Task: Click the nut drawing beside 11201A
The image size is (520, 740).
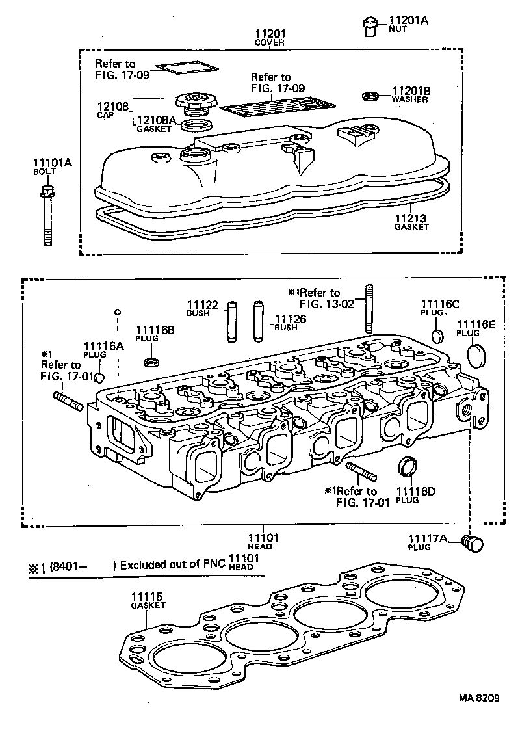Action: [369, 27]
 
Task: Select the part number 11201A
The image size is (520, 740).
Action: [409, 21]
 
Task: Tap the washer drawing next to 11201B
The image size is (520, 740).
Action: [370, 97]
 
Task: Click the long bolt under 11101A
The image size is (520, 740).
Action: [47, 218]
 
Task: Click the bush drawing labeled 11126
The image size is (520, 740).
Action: [259, 321]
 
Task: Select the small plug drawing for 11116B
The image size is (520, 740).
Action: [151, 361]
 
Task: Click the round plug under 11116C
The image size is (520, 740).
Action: [438, 336]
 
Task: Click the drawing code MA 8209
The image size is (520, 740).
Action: [478, 698]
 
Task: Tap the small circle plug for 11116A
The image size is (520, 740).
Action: [100, 378]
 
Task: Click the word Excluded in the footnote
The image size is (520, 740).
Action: [144, 564]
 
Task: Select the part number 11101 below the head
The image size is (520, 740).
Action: [263, 538]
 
